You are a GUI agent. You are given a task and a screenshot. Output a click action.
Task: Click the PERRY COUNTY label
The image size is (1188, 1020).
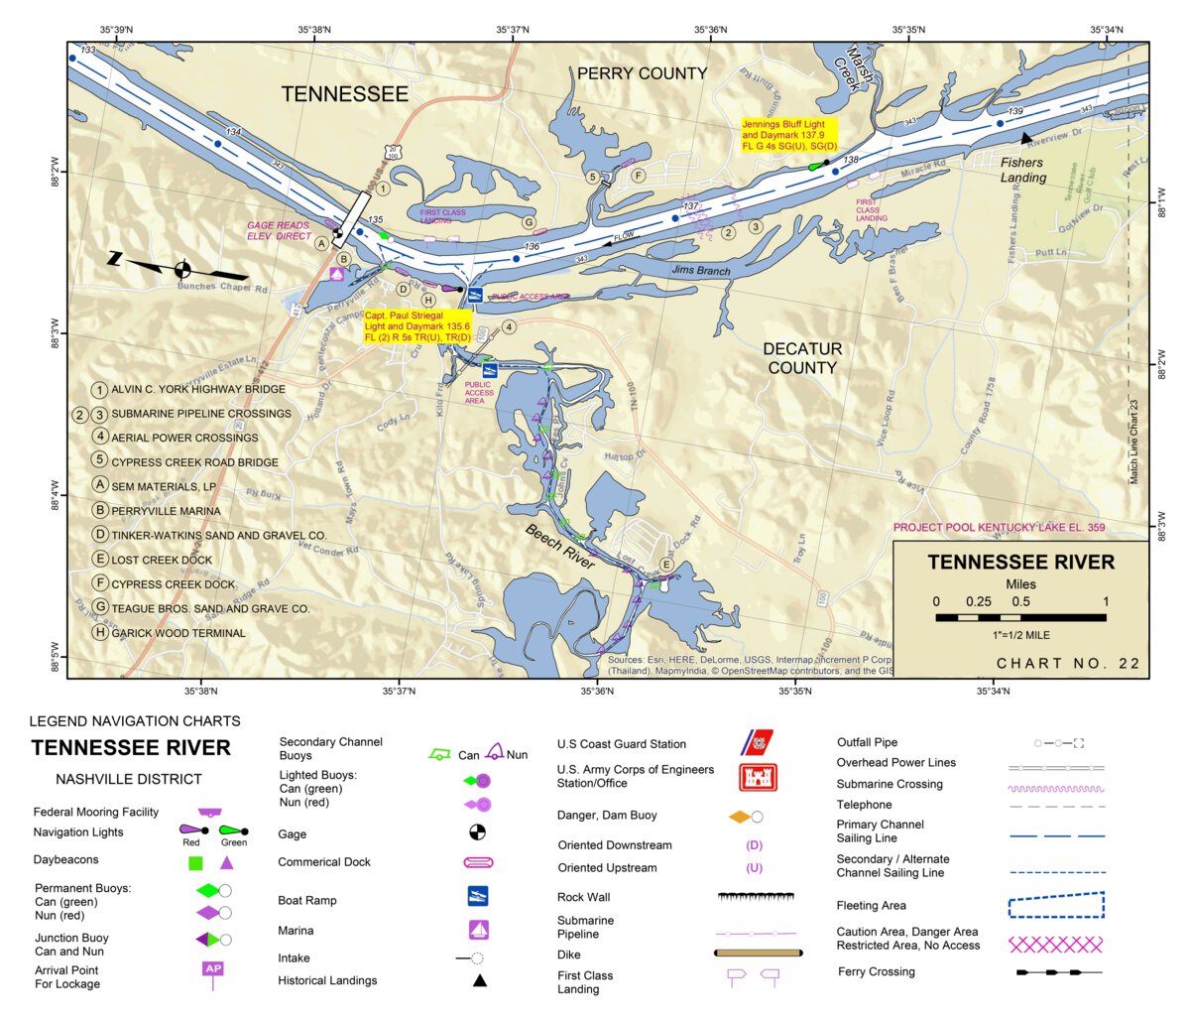click(x=642, y=73)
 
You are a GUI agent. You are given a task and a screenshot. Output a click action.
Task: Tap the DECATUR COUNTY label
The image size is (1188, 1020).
click(x=802, y=358)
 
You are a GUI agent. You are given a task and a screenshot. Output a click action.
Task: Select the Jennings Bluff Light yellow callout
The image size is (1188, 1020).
click(x=789, y=135)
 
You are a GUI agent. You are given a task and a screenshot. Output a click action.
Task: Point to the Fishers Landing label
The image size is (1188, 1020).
click(x=1022, y=170)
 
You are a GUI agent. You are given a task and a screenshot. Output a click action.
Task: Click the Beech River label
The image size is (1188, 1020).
click(x=559, y=546)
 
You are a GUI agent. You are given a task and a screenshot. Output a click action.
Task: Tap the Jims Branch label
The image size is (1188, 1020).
click(x=700, y=270)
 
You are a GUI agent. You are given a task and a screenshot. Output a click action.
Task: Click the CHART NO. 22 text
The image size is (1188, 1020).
click(x=1068, y=663)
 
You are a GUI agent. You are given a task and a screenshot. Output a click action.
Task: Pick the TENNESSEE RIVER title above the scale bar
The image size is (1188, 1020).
click(x=1020, y=562)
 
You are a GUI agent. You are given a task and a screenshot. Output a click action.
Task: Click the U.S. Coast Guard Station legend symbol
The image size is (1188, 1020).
click(x=758, y=743)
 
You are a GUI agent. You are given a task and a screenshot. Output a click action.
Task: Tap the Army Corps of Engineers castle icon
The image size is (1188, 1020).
click(x=758, y=777)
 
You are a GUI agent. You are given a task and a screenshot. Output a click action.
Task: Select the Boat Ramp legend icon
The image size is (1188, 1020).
click(x=478, y=896)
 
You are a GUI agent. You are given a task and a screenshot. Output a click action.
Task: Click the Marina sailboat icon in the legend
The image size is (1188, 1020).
click(x=479, y=930)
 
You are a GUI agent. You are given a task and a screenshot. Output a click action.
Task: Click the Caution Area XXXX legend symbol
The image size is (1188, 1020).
click(x=1055, y=944)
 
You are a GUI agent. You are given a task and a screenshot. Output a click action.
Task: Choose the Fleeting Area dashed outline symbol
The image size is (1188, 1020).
click(x=1055, y=905)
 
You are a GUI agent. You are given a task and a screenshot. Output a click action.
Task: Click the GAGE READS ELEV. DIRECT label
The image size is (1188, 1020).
click(x=279, y=231)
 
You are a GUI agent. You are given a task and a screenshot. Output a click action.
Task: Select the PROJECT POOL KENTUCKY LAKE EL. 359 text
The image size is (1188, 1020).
click(x=999, y=528)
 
